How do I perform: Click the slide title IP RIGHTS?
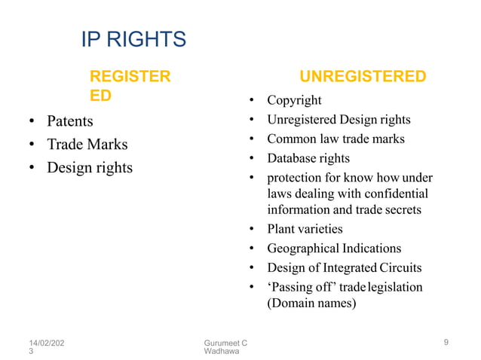[133, 39]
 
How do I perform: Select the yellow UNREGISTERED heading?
[363, 77]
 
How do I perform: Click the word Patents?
[70, 121]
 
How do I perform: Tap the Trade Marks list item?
[87, 144]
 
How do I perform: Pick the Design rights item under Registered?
[89, 167]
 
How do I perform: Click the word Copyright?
[294, 100]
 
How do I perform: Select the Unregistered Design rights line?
[339, 120]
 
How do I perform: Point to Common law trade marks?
[335, 139]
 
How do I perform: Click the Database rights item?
[308, 159]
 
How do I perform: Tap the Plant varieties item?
[305, 229]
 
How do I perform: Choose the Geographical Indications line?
[334, 249]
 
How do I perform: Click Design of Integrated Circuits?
[344, 268]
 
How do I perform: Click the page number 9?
[446, 343]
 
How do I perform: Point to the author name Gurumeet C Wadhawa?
[226, 348]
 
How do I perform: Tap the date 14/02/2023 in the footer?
[44, 348]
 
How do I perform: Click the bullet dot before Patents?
[32, 121]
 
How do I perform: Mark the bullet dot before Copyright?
[250, 101]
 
